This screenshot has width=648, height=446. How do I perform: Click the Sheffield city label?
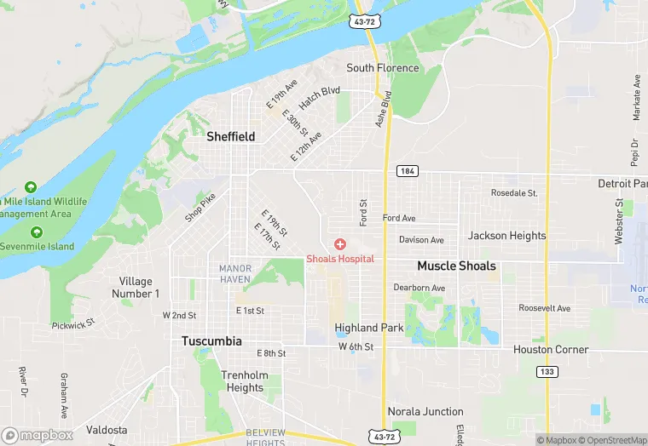coord(230,136)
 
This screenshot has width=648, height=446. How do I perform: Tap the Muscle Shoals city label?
coord(456,266)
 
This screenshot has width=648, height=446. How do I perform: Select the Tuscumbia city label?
coord(211,340)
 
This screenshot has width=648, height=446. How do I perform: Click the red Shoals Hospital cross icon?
coord(340,244)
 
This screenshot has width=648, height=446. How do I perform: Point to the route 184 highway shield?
coord(407,172)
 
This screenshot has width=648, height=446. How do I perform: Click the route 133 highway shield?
coord(547,372)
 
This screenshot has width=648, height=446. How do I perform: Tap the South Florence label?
coord(383,68)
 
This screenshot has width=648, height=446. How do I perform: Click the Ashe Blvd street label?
coord(382,110)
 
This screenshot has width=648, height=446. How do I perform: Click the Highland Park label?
coord(368,328)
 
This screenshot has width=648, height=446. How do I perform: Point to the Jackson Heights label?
coord(506,236)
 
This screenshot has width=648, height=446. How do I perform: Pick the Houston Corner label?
coord(551,350)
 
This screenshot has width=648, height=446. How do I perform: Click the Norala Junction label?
coord(425,412)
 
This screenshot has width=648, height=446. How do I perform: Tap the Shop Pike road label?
coord(200,208)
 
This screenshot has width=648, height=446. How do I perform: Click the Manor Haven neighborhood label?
coord(235,274)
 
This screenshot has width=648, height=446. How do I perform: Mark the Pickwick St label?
coord(75,325)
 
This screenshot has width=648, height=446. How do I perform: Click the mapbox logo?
coord(38,435)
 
